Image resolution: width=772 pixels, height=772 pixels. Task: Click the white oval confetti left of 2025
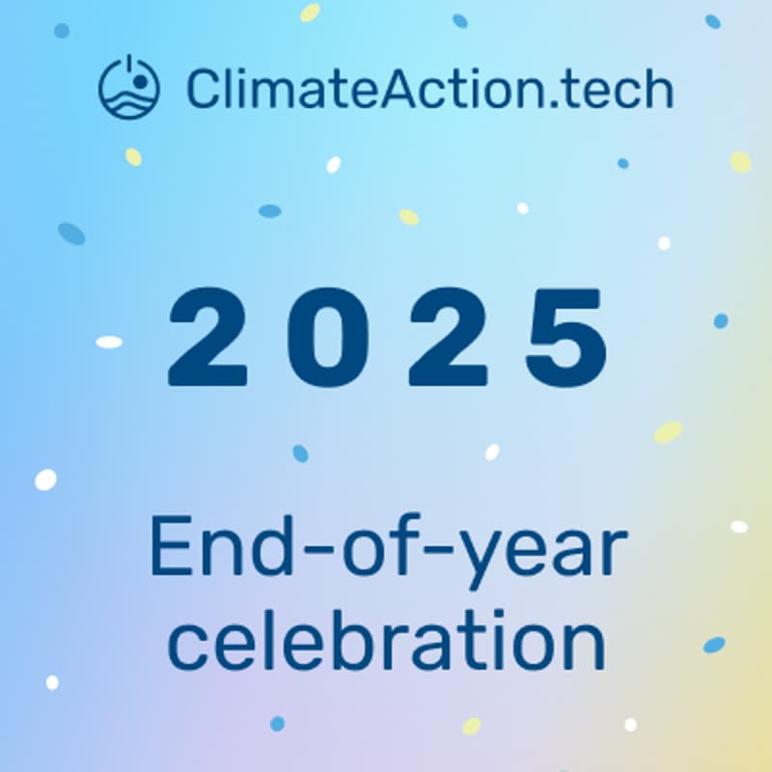[109, 342]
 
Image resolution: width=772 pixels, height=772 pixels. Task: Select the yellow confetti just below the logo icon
[133, 156]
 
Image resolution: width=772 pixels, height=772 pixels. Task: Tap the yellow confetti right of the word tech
[740, 161]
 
